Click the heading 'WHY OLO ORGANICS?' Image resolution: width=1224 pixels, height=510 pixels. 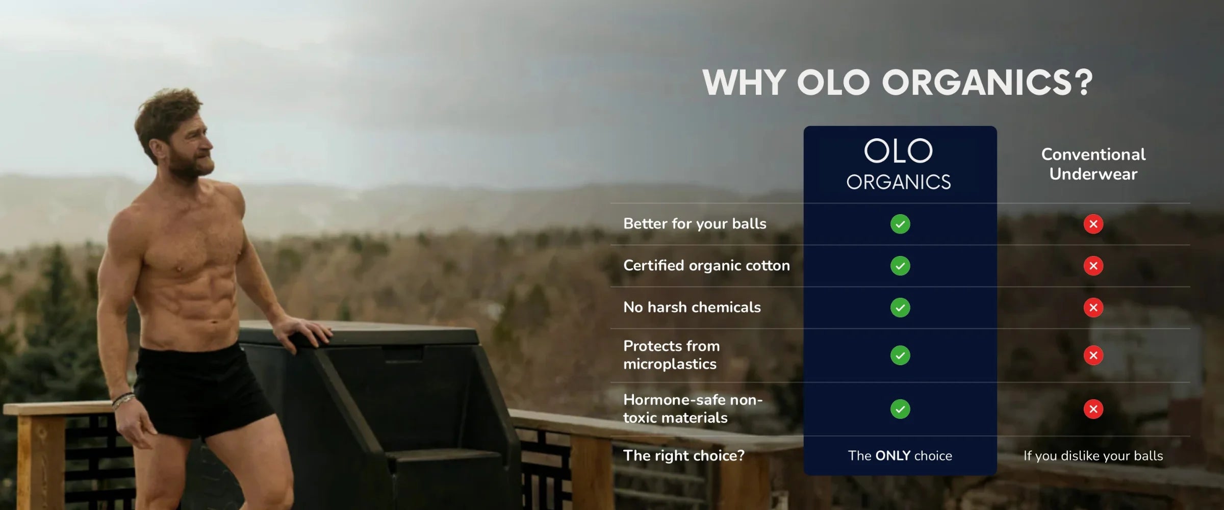tap(898, 82)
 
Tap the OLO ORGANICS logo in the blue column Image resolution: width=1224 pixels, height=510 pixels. tap(899, 165)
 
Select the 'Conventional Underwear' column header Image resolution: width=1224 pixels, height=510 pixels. tap(1093, 164)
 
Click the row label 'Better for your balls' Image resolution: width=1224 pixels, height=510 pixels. tap(695, 224)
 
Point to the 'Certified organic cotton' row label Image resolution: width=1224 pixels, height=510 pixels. tap(706, 266)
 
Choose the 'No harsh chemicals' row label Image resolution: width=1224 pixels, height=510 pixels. tap(692, 307)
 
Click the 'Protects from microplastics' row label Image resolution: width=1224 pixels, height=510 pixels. tap(671, 355)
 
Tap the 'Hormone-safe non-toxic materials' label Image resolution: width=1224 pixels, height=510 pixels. tap(693, 409)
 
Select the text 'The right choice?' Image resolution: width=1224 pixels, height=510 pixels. tap(684, 455)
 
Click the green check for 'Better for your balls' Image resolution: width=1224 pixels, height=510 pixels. tap(900, 224)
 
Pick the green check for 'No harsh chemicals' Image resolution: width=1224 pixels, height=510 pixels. tap(900, 308)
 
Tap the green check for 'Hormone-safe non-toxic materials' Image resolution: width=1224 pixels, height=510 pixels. tap(900, 409)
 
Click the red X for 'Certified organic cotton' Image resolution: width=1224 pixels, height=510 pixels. tap(1093, 266)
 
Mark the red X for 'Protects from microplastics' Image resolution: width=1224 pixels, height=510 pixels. tap(1093, 355)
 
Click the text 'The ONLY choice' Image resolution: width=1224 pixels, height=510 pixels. tap(900, 455)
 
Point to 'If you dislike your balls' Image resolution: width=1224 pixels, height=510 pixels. tap(1093, 456)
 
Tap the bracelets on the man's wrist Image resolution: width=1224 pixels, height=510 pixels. tap(122, 401)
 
